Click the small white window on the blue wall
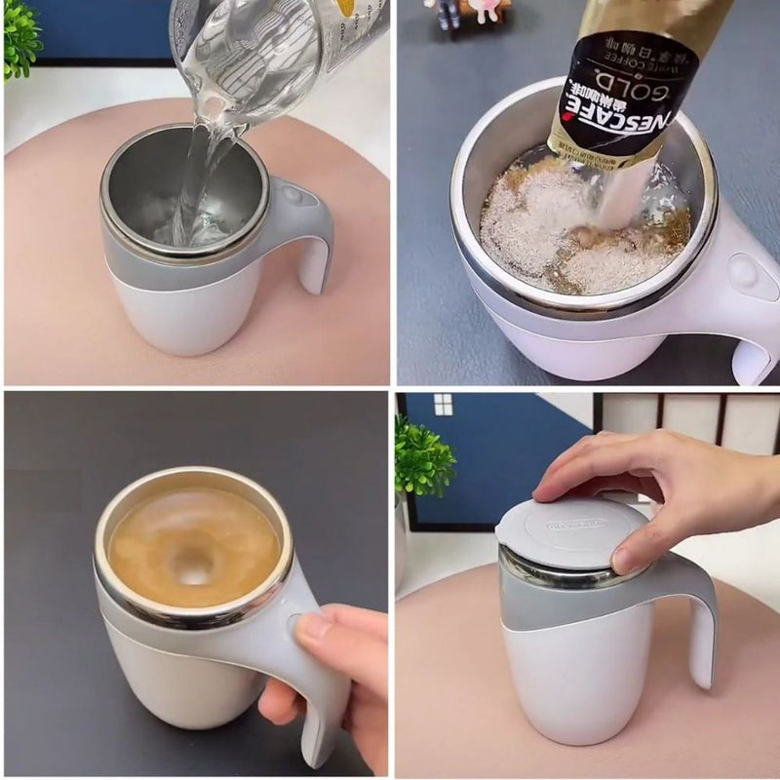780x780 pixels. point(443,404)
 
